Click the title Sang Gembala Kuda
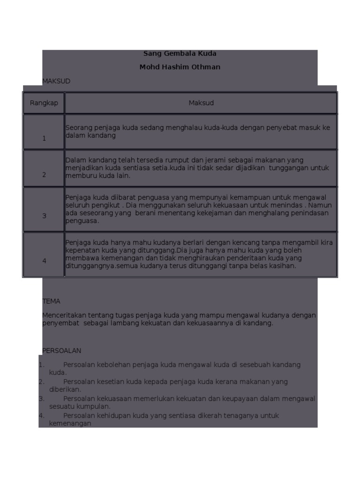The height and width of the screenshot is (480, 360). (180, 53)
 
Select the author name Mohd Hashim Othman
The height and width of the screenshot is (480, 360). (180, 67)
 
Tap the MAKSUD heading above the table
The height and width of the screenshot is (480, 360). (56, 81)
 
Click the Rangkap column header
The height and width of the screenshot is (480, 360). (44, 103)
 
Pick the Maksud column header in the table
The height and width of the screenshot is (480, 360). (201, 103)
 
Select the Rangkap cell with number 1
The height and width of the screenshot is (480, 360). (44, 138)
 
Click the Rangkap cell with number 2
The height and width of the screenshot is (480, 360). (44, 175)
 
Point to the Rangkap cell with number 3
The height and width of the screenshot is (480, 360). (44, 216)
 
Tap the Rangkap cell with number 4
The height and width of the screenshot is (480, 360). (44, 261)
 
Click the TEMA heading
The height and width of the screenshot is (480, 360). (51, 301)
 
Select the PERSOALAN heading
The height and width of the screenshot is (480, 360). (62, 351)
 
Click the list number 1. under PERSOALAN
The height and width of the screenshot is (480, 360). (41, 365)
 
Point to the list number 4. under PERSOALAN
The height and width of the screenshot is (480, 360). (41, 416)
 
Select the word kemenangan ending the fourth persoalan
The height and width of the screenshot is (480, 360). (70, 423)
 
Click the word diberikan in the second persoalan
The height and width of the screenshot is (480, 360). (65, 390)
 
